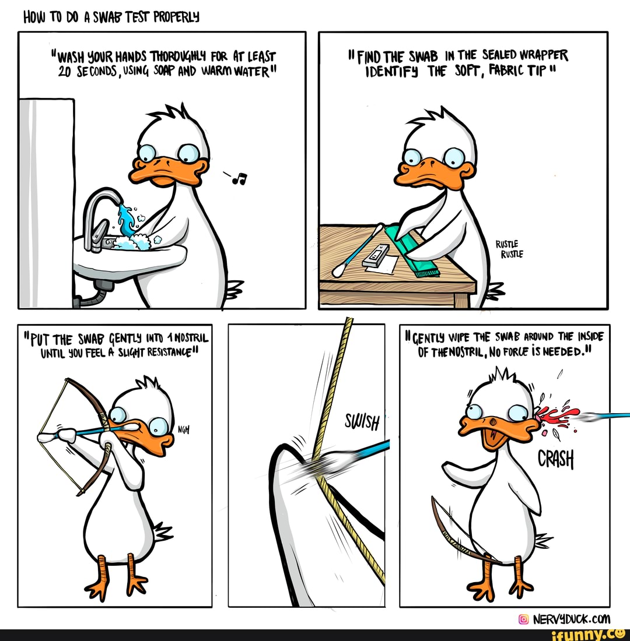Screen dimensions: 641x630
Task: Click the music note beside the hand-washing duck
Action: pos(239,178)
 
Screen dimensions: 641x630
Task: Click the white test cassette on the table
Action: pos(376,256)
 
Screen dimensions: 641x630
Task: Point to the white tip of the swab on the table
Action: pos(338,270)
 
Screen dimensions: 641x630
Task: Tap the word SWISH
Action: pos(362,421)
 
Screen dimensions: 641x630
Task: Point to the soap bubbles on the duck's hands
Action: pos(140,240)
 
